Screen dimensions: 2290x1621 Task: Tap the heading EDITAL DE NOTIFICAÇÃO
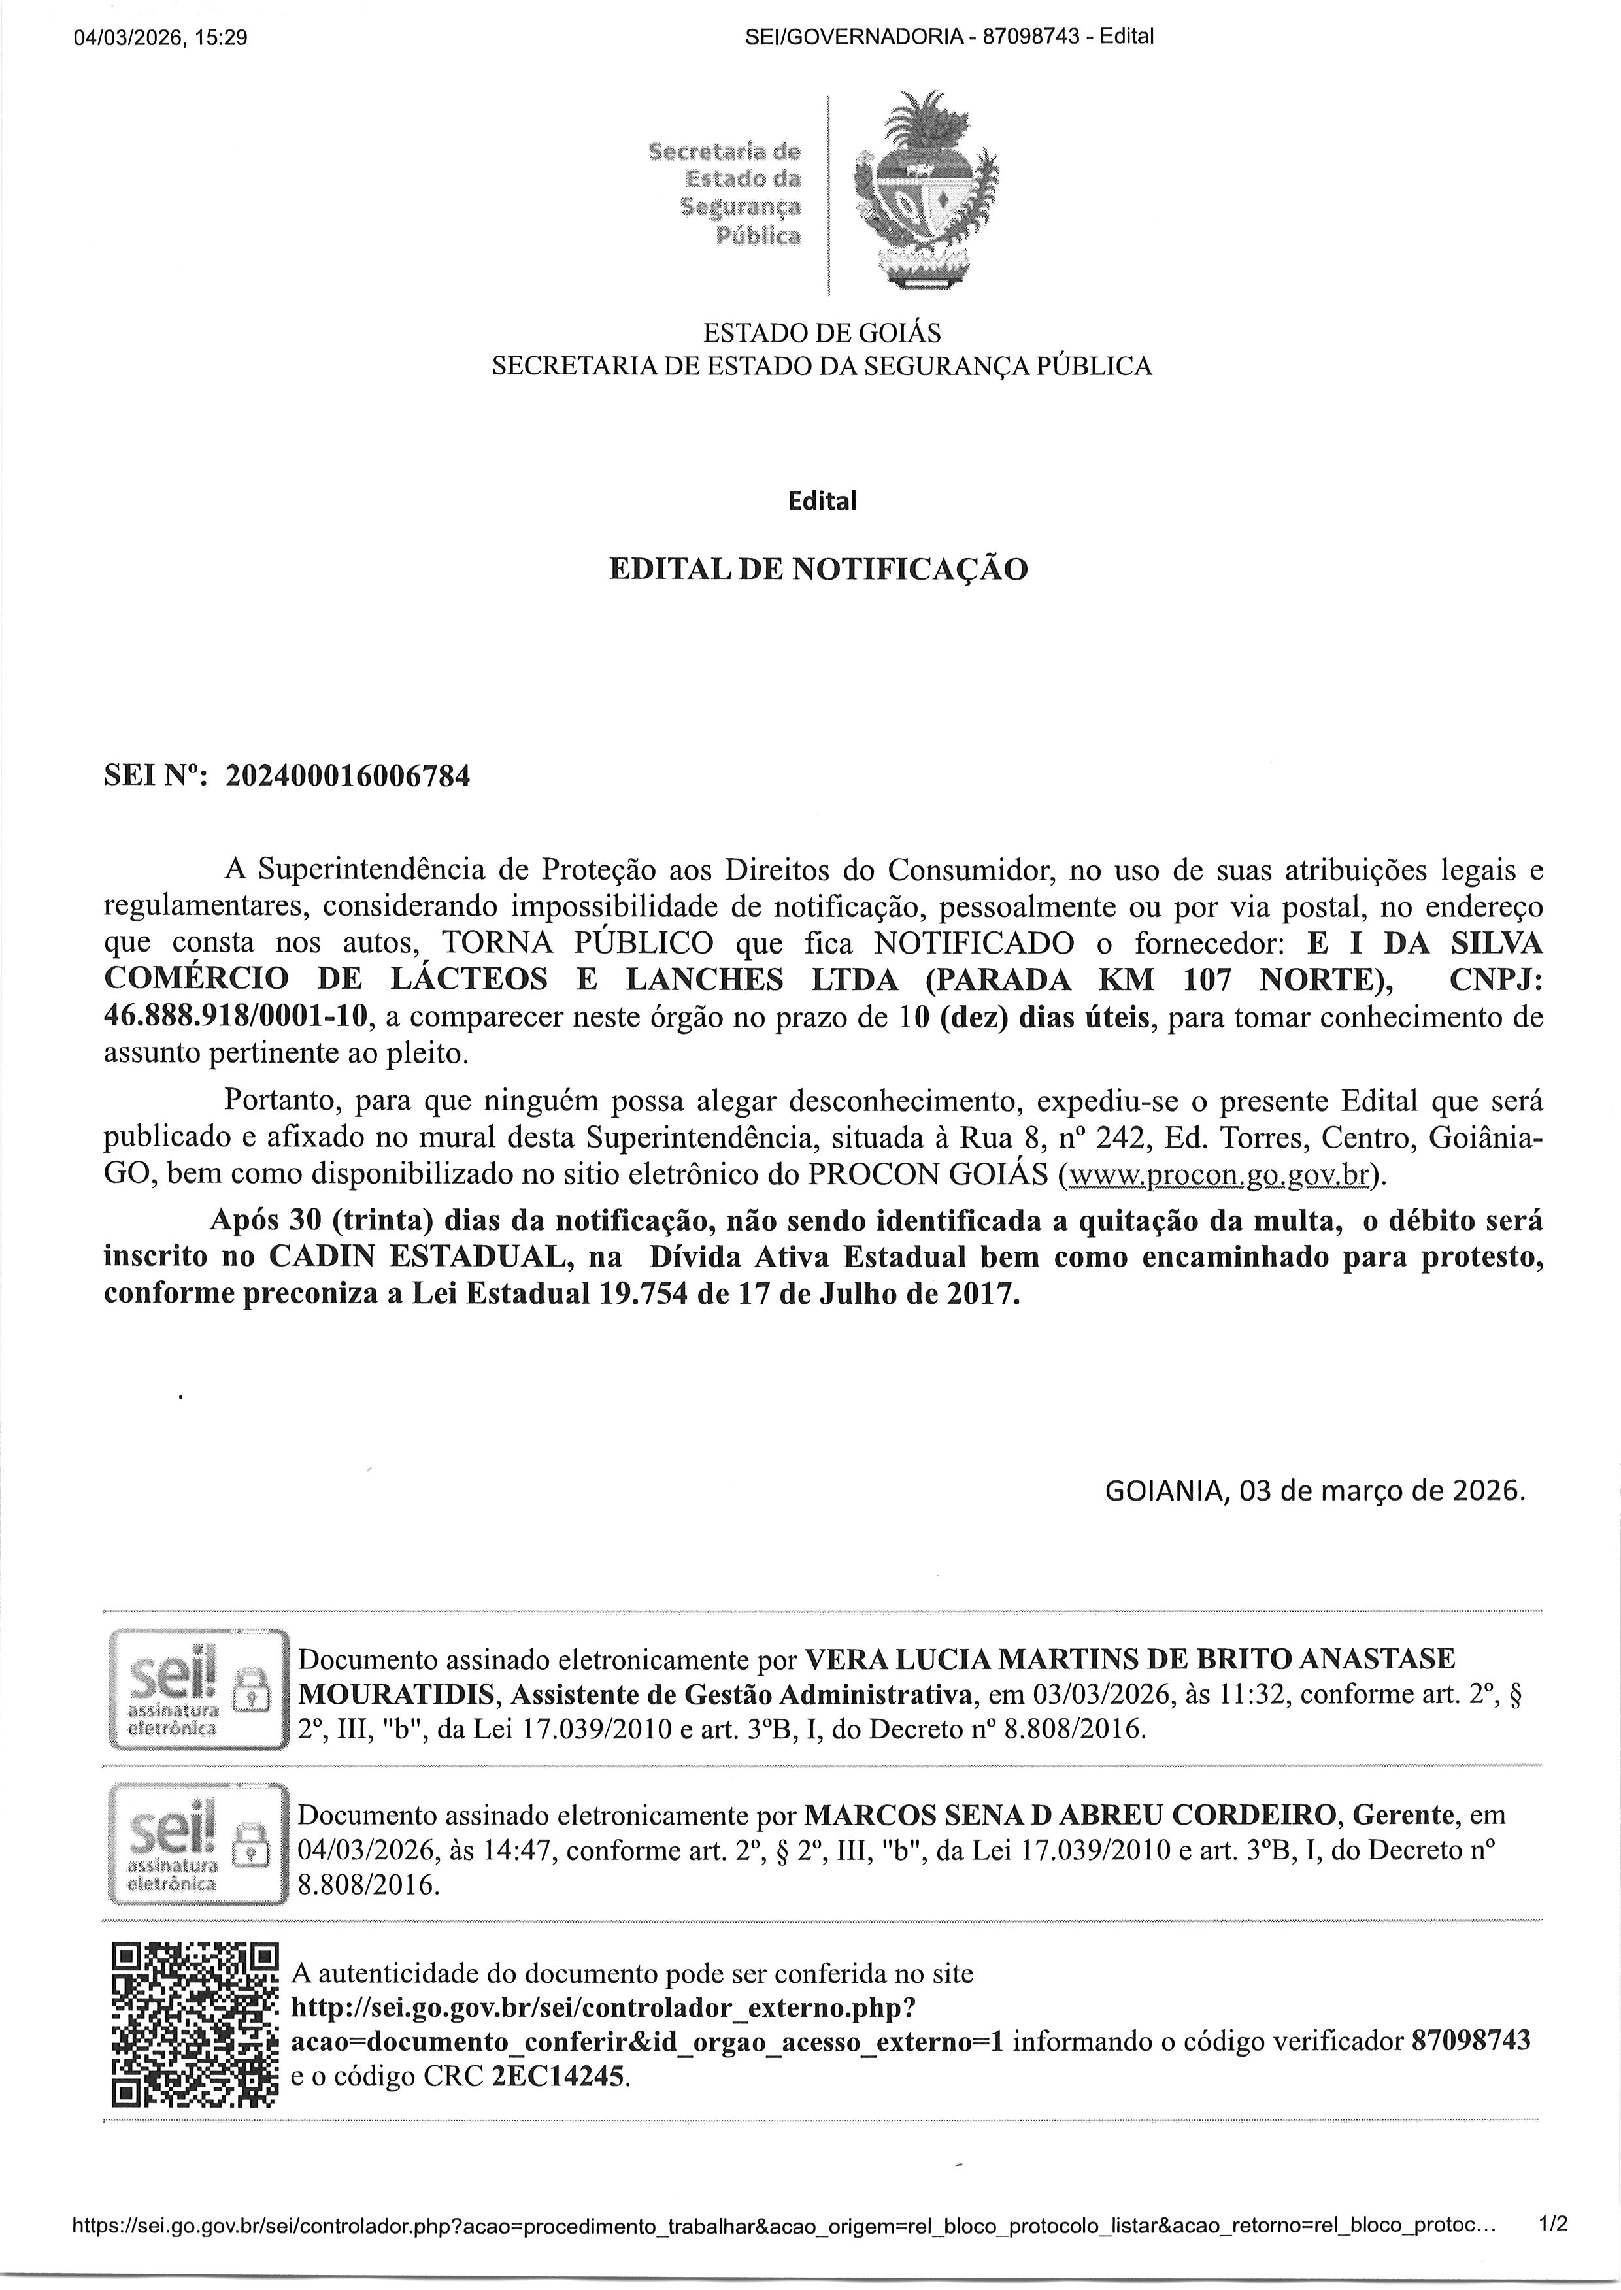click(818, 570)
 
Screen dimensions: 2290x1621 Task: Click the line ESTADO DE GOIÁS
click(822, 332)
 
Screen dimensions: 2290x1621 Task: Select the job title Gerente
click(1407, 1814)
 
